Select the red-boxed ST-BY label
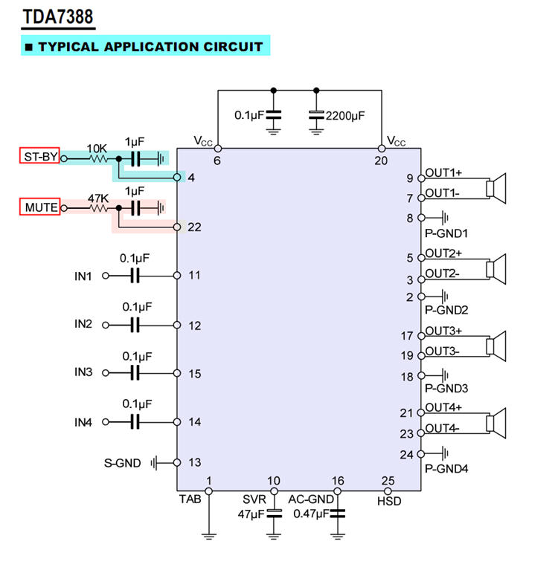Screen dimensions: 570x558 [39, 156]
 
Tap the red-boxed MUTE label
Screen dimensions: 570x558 [39, 207]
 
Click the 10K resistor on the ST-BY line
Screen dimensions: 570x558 [97, 158]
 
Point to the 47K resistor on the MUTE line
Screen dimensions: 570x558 [97, 209]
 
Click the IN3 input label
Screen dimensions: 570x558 [83, 372]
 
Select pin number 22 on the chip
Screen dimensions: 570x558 [194, 227]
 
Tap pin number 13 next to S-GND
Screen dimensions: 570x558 [194, 462]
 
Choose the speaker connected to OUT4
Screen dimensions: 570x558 [496, 421]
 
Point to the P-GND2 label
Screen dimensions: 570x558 [446, 309]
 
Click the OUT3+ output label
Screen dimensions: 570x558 [443, 330]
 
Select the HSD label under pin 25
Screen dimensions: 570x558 [388, 502]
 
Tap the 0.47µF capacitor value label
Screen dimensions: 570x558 [310, 514]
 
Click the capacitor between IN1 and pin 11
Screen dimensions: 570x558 [135, 276]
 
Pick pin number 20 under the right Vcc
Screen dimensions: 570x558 [382, 160]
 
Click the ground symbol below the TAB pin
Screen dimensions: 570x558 [209, 533]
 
